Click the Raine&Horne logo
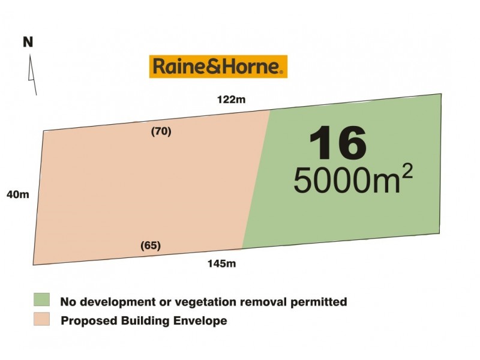click(218, 66)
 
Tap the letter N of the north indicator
click(28, 42)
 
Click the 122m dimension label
click(232, 100)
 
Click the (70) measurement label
click(161, 132)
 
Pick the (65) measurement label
click(150, 245)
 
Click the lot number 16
click(337, 143)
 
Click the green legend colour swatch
click(41, 300)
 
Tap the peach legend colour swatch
click(41, 319)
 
